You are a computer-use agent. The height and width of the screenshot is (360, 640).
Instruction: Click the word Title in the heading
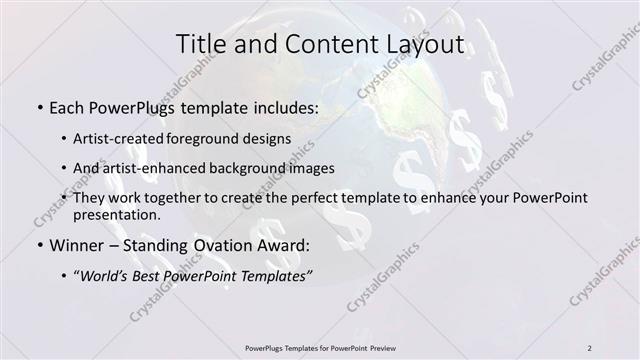201,44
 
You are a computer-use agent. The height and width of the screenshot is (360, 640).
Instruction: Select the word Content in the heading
323,44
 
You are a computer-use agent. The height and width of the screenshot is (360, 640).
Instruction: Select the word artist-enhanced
162,168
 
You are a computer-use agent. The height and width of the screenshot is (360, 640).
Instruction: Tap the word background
260,168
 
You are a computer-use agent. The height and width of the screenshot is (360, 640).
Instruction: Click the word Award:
283,245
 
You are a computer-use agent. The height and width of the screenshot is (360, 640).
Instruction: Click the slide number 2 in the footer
590,348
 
